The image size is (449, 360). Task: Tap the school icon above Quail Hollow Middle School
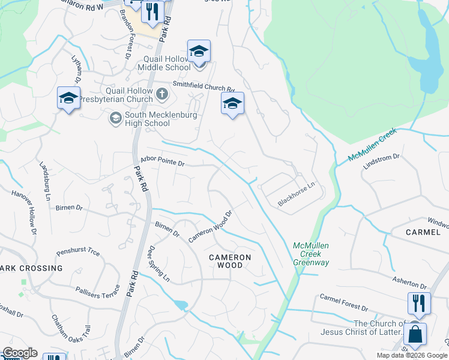pos(199,51)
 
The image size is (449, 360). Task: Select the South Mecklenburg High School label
pos(147,119)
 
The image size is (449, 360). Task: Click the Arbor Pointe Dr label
pos(161,161)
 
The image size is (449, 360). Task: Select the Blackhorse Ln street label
pos(297,195)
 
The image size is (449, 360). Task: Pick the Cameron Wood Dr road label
pos(210,226)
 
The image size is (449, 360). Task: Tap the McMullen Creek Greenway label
pos(311,254)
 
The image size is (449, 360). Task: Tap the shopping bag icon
pos(415,334)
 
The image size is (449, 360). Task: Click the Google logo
pos(19,353)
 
